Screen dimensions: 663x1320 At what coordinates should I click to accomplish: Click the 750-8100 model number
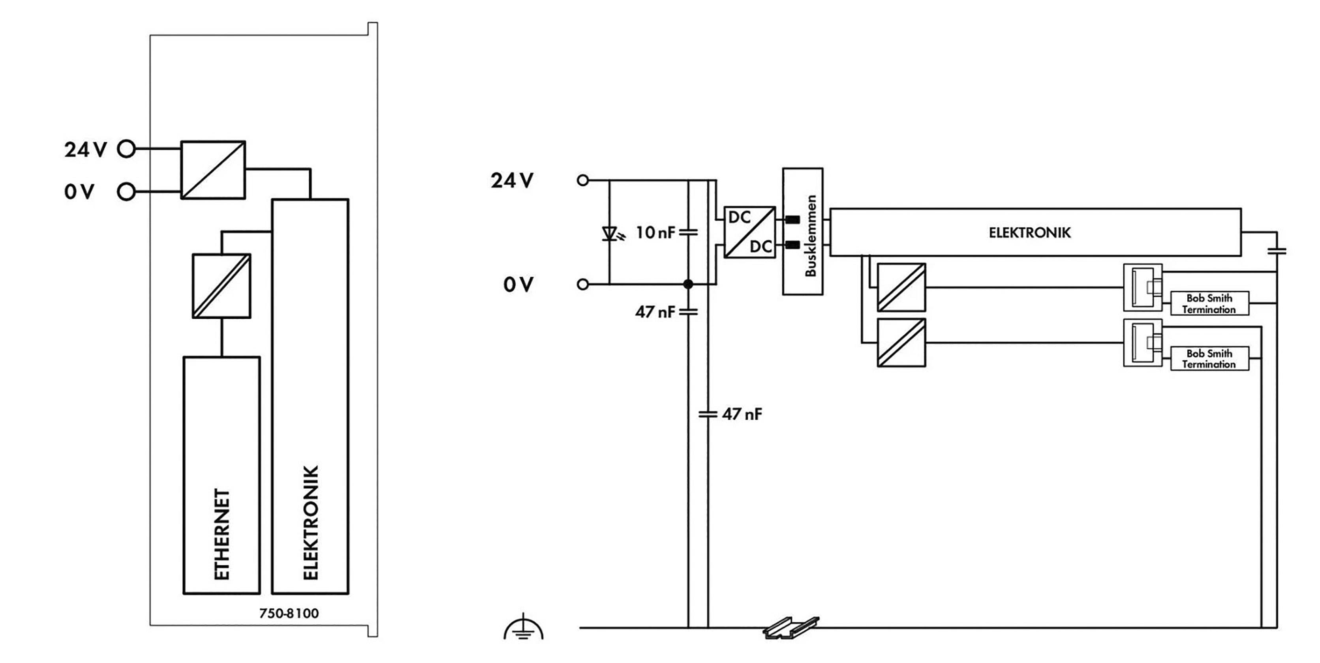click(289, 613)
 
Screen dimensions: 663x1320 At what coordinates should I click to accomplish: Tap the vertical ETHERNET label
click(222, 534)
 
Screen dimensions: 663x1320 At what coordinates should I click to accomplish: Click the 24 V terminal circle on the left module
click(126, 149)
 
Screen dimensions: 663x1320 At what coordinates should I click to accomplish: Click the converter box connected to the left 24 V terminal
click(213, 170)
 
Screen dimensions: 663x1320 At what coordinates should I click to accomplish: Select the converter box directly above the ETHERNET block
click(222, 286)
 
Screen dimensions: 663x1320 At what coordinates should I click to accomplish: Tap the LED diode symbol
click(610, 234)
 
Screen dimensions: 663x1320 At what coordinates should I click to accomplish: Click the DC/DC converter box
click(749, 232)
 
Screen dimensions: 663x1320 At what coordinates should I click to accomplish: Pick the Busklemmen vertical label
click(810, 236)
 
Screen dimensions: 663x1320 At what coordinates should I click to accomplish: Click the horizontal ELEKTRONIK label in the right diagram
click(1029, 232)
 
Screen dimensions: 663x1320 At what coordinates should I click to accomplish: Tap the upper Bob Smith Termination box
click(1209, 303)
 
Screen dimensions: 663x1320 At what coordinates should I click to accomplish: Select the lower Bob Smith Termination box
click(1209, 358)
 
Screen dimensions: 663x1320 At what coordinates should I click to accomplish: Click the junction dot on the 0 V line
click(688, 284)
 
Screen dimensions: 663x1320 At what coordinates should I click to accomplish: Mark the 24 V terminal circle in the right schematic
click(583, 180)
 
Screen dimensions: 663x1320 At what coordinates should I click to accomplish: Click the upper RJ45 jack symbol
click(1142, 287)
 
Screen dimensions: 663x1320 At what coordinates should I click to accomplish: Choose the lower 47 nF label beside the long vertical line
click(742, 414)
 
